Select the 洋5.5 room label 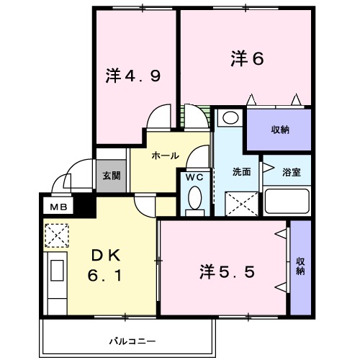pos(227,272)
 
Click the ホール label pos(165,155)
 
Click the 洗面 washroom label pos(241,172)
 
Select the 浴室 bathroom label pos(291,172)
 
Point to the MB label pos(56,207)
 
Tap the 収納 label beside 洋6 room pos(280,130)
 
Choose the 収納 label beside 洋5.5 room pos(300,267)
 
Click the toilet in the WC pos(194,201)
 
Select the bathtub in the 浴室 pos(287,201)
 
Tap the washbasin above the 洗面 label pos(230,118)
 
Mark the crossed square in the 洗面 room pos(240,204)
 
